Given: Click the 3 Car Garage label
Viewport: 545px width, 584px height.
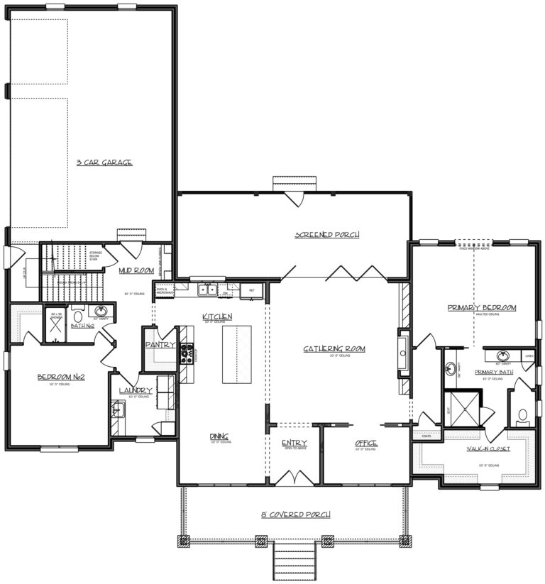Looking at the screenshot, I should pyautogui.click(x=104, y=162).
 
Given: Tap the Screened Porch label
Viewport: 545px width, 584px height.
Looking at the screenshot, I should pyautogui.click(x=327, y=234).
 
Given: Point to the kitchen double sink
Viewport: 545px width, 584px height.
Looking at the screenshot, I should pyautogui.click(x=207, y=289).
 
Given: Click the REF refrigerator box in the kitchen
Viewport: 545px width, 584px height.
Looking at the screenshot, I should pyautogui.click(x=251, y=290).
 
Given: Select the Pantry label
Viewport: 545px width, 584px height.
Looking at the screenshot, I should pyautogui.click(x=160, y=344).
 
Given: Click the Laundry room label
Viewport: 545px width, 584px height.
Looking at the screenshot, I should pyautogui.click(x=135, y=390).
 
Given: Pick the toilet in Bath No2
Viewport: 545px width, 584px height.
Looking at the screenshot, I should pyautogui.click(x=78, y=315).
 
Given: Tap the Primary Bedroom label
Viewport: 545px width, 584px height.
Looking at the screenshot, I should pyautogui.click(x=481, y=307).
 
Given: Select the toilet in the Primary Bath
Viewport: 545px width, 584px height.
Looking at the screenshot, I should pyautogui.click(x=524, y=415).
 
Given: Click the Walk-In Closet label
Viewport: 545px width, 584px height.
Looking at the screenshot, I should pyautogui.click(x=487, y=448).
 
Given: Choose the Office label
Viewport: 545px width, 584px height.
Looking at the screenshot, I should pyautogui.click(x=366, y=444).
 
